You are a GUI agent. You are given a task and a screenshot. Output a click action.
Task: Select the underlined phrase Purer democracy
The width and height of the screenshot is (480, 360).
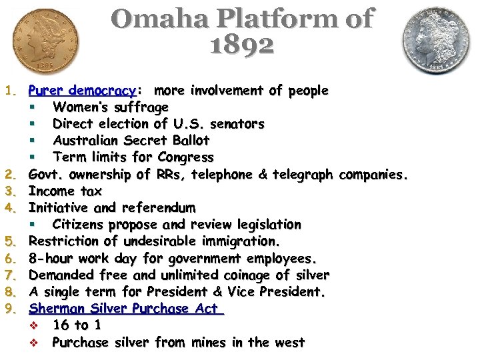coord(82,90)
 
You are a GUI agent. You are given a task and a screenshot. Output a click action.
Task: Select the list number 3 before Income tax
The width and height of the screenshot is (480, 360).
coord(9,191)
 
